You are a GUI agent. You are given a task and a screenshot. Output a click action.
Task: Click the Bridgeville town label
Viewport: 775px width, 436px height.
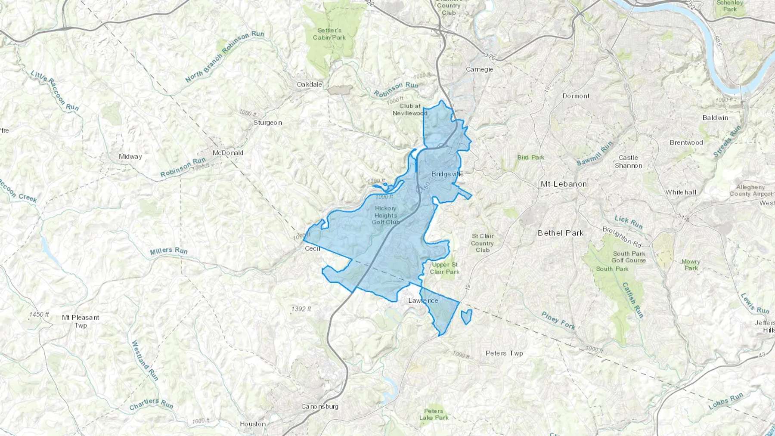tap(447, 174)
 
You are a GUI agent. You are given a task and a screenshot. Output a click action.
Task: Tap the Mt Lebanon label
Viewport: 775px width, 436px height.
tap(564, 184)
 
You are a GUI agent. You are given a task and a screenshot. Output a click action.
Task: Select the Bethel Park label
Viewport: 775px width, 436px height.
tap(561, 233)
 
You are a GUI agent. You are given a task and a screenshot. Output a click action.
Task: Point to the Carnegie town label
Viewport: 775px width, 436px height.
tap(480, 69)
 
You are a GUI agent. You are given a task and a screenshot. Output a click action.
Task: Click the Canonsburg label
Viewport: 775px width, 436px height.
tap(320, 406)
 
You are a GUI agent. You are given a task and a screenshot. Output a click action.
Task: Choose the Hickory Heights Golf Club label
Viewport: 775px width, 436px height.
tap(386, 215)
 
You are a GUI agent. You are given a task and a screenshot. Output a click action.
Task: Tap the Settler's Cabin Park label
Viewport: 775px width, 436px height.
tap(329, 34)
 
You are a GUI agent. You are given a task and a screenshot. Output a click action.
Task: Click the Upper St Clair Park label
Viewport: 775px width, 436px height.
tap(445, 268)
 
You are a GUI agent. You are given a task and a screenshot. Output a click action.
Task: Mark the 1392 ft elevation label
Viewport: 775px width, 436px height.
tap(301, 309)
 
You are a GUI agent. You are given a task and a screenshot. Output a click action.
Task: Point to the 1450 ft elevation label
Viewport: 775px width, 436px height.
tap(39, 315)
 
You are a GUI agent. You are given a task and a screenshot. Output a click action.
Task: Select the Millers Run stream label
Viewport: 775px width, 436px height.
tap(169, 250)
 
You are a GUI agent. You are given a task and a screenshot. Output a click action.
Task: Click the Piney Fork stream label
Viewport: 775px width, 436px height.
tap(558, 320)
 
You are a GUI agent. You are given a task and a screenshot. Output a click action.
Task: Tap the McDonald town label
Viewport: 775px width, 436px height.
tap(228, 153)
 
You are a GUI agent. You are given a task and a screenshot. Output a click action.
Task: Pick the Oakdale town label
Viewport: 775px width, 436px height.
tap(309, 84)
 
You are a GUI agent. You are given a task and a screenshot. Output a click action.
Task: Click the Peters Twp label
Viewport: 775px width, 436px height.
tap(504, 353)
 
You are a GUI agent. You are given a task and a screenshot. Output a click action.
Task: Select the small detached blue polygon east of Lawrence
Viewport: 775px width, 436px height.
tap(466, 317)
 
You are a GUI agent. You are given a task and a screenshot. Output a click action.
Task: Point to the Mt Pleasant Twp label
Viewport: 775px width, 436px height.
tap(81, 321)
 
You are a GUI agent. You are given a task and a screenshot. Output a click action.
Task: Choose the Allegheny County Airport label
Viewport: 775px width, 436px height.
tap(750, 190)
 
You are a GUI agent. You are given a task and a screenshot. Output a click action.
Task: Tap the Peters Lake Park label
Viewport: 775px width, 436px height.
tap(434, 414)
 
